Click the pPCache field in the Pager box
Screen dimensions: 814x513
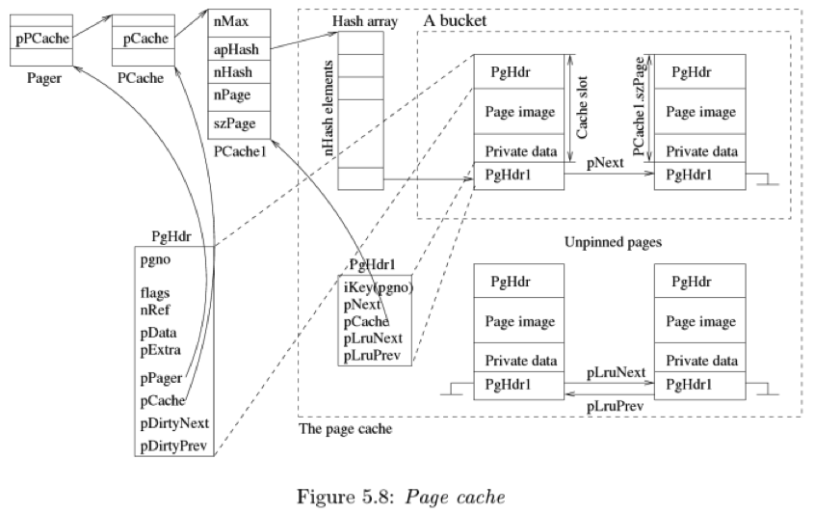[x=42, y=39]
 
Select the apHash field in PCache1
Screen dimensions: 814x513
[x=236, y=49]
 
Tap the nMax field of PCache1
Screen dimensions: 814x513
[x=231, y=21]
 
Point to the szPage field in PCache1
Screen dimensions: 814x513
[x=235, y=123]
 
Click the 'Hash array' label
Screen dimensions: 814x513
[x=365, y=21]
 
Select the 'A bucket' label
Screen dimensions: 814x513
[x=456, y=20]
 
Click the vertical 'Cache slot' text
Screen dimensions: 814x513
[x=582, y=108]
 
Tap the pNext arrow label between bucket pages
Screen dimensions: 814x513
[x=605, y=163]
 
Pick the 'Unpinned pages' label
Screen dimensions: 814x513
[x=613, y=242]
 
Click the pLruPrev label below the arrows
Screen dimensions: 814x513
[x=616, y=406]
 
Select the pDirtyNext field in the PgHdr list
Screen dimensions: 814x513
[x=174, y=423]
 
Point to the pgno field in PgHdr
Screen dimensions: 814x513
[x=155, y=260]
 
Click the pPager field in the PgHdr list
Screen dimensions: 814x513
[x=161, y=378]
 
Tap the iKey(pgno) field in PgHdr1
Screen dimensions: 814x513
[x=379, y=287]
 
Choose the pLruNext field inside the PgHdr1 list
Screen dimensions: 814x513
[x=373, y=338]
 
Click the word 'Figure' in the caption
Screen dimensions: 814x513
[x=325, y=497]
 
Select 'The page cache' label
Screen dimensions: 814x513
[x=345, y=429]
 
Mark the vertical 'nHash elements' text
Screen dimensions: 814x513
[x=328, y=108]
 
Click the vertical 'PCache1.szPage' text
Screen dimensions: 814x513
[x=639, y=106]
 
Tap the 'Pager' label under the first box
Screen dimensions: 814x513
[x=44, y=78]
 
